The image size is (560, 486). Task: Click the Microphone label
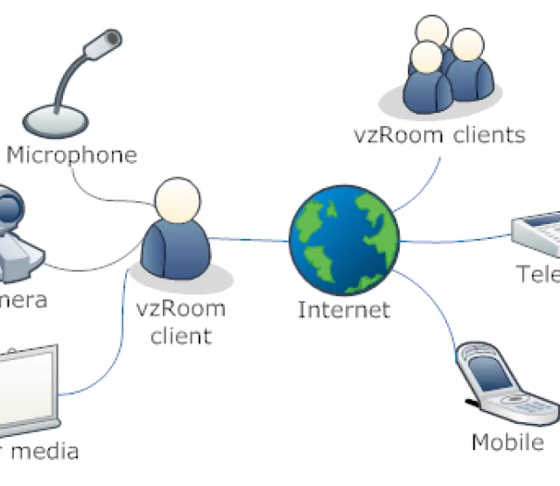pyautogui.click(x=72, y=156)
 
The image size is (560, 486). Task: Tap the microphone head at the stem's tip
pyautogui.click(x=109, y=39)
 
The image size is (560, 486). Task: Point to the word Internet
pyautogui.click(x=343, y=309)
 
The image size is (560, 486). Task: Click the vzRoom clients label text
pyautogui.click(x=439, y=135)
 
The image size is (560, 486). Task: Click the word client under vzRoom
pyautogui.click(x=182, y=335)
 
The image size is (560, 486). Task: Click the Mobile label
pyautogui.click(x=507, y=442)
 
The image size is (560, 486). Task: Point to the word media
pyautogui.click(x=48, y=452)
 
